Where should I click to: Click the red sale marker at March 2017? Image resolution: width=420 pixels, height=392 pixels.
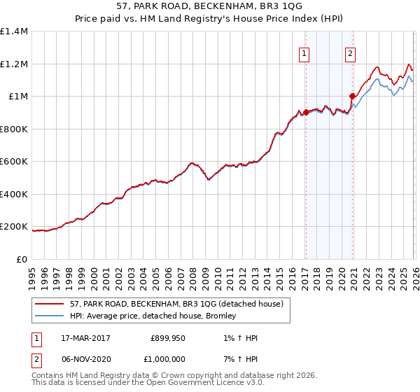[x=306, y=112]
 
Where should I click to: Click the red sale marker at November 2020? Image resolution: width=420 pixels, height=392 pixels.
[x=353, y=96]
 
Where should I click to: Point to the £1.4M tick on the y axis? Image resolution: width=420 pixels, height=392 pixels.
[x=14, y=31]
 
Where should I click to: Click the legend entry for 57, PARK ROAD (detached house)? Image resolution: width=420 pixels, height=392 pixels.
[x=176, y=304]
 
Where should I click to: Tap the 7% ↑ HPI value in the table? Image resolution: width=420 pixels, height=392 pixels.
[x=238, y=358]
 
